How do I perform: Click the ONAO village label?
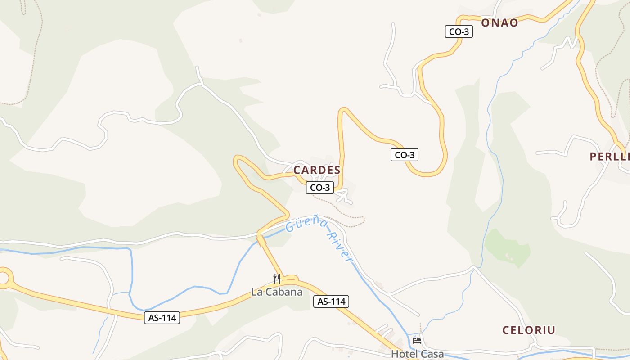tap(499, 23)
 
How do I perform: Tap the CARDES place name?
tap(317, 171)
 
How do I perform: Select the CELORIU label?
tap(529, 330)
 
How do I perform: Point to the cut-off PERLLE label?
tap(610, 157)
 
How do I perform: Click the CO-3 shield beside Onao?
tap(459, 31)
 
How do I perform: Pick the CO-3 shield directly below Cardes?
tap(320, 188)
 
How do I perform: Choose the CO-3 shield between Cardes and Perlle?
tap(405, 155)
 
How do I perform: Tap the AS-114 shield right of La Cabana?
tap(331, 301)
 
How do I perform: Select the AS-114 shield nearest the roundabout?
tap(162, 318)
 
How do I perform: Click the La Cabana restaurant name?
tap(277, 292)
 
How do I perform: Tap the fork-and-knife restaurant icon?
tap(277, 279)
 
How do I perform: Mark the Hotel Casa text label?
tap(417, 354)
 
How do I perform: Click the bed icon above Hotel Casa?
tap(417, 341)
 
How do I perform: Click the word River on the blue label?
tap(340, 247)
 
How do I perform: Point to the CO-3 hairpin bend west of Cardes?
tap(238, 161)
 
